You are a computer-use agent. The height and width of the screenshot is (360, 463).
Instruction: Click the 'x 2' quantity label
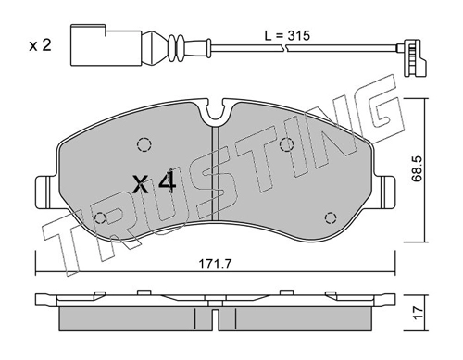click(40, 46)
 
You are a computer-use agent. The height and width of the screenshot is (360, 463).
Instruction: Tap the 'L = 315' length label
click(287, 36)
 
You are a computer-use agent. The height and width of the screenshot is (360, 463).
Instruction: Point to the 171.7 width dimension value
click(215, 264)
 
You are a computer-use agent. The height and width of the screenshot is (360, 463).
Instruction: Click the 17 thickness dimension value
click(419, 313)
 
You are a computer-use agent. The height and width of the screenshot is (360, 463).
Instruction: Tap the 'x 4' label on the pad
click(154, 184)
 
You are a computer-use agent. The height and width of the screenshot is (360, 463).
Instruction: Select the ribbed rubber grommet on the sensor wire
click(175, 47)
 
